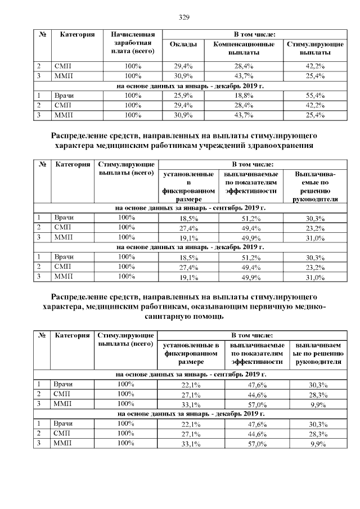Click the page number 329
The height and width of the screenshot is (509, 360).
pos(183,17)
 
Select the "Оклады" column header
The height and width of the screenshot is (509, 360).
pos(183,44)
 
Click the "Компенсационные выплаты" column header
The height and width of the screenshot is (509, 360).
pos(244,48)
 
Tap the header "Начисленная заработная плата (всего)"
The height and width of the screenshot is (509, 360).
pos(133,43)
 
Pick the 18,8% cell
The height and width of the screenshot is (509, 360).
pos(244,96)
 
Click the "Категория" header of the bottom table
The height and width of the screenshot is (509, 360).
pos(72,335)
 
